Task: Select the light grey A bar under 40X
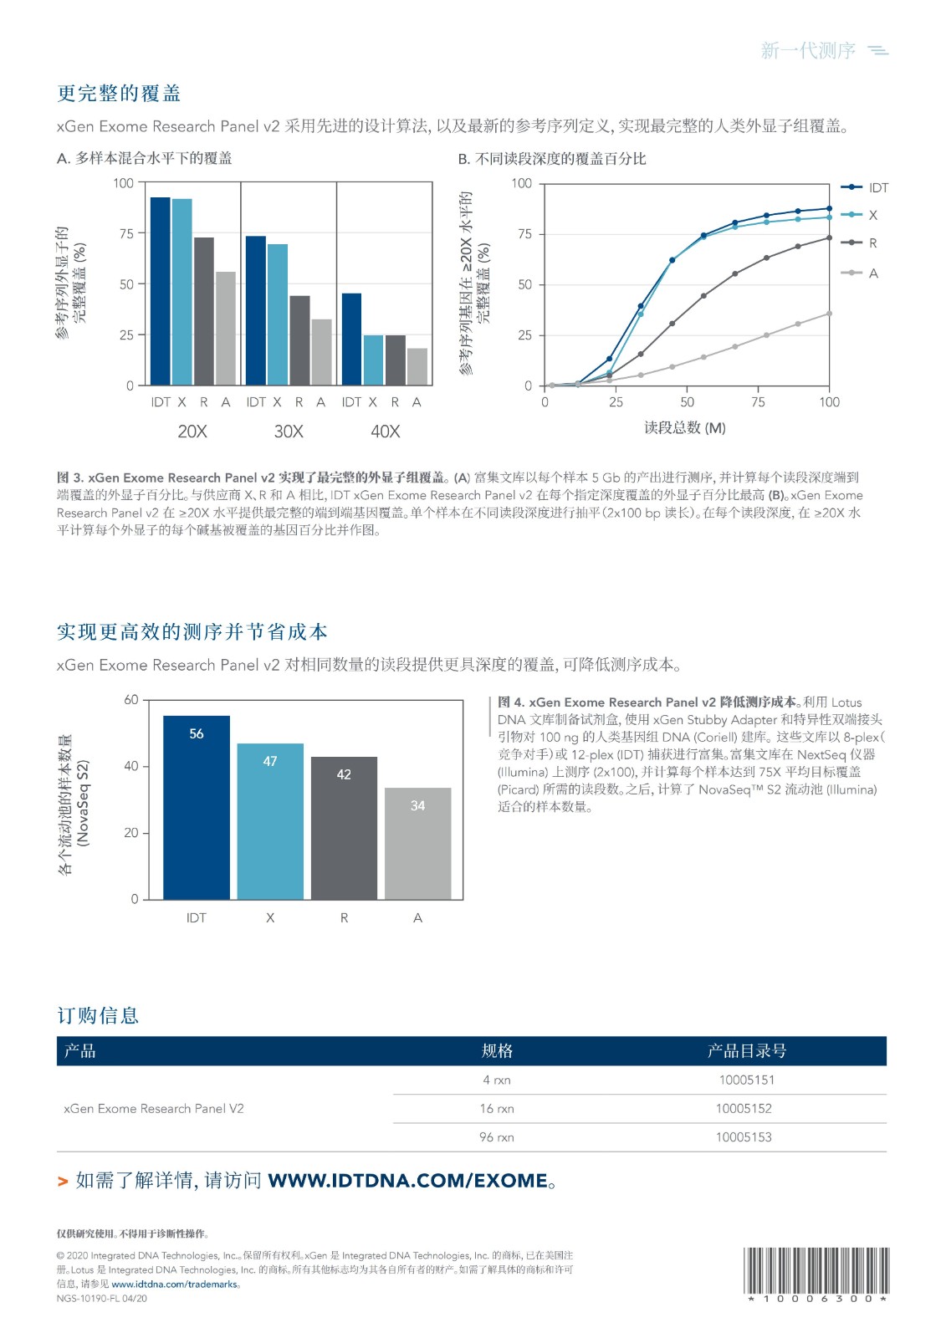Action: pyautogui.click(x=417, y=367)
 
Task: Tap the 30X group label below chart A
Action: pyautogui.click(x=289, y=432)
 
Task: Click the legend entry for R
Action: pyautogui.click(x=872, y=243)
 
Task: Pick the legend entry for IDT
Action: pyautogui.click(x=877, y=188)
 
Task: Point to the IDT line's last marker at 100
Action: pyautogui.click(x=829, y=209)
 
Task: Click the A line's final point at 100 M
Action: pyautogui.click(x=829, y=314)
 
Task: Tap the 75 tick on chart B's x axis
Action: pyautogui.click(x=758, y=402)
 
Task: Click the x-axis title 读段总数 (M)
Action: pyautogui.click(x=685, y=428)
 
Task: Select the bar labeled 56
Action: pyautogui.click(x=196, y=807)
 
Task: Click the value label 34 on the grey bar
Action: pyautogui.click(x=417, y=805)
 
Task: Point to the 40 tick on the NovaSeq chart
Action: pyautogui.click(x=131, y=766)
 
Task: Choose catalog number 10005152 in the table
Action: pyautogui.click(x=744, y=1109)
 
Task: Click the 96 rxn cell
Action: pyautogui.click(x=497, y=1137)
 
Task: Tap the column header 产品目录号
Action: pyautogui.click(x=746, y=1051)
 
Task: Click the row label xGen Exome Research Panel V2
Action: pyautogui.click(x=154, y=1109)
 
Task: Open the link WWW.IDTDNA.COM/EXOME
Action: pyautogui.click(x=407, y=1181)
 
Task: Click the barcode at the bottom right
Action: pyautogui.click(x=816, y=1270)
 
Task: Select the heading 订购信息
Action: pyautogui.click(x=98, y=1016)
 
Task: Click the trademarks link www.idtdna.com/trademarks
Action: pyautogui.click(x=175, y=1284)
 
